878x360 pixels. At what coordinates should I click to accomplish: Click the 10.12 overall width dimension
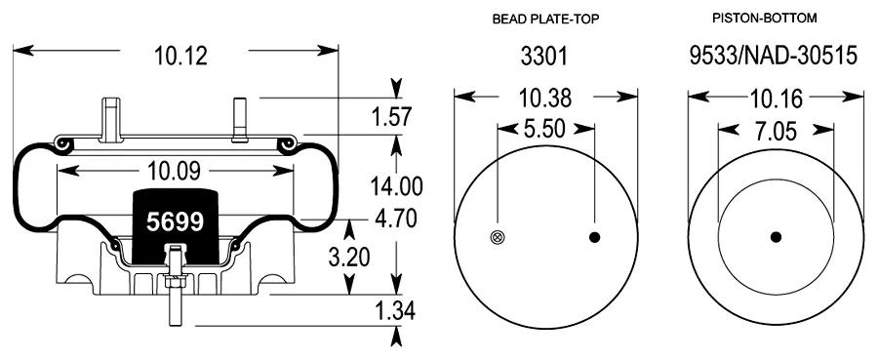click(180, 56)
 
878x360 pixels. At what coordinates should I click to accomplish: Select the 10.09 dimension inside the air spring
click(174, 172)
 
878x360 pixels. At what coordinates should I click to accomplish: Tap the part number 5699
click(175, 222)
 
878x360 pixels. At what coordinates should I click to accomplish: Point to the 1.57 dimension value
click(391, 117)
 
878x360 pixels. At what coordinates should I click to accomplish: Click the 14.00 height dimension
click(396, 186)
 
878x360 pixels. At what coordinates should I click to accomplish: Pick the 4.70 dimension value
click(396, 219)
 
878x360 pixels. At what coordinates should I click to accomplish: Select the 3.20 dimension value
click(349, 258)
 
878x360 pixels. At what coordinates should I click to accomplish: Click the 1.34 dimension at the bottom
click(395, 310)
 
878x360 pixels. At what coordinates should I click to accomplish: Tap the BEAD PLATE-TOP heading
click(546, 20)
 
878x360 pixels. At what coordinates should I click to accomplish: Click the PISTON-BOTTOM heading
click(764, 19)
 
